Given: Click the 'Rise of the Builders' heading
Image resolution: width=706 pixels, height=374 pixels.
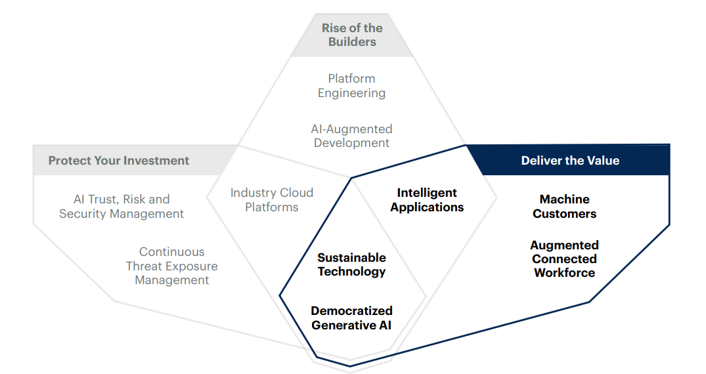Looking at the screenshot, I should [x=352, y=35].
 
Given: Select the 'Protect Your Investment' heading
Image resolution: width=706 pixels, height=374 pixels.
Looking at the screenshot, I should [x=119, y=161].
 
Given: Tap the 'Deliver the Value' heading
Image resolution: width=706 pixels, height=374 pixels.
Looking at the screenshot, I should [x=570, y=161].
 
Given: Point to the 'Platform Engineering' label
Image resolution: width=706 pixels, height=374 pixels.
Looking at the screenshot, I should [x=351, y=86].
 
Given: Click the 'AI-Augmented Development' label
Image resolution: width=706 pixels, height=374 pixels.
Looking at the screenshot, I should [x=351, y=136].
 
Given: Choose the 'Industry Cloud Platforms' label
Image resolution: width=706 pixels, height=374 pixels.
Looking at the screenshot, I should [x=272, y=199].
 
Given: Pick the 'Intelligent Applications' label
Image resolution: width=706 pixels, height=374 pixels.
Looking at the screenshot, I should [x=427, y=199].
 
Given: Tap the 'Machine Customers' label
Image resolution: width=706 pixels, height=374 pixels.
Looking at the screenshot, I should [x=565, y=206].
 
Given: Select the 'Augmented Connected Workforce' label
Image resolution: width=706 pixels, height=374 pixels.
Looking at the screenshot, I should [x=565, y=259].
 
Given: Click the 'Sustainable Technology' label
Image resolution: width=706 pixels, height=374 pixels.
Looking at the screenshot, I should [x=351, y=264].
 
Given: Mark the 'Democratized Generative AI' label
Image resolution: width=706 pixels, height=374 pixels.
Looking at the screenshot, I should [x=351, y=318].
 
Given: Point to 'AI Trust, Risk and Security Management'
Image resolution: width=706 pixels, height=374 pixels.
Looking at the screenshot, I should [x=121, y=206].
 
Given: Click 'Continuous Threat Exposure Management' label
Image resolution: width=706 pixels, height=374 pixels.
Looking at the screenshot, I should [x=171, y=266].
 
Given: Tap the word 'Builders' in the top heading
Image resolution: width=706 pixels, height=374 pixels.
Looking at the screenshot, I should [x=353, y=42].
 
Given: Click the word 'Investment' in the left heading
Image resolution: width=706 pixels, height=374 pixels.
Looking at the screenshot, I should [x=158, y=161].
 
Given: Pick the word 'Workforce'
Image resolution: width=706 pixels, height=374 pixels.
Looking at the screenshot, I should [x=565, y=273].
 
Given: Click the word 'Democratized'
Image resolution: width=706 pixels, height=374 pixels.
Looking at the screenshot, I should [x=351, y=310].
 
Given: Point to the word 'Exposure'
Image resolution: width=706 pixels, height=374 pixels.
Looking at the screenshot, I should [x=190, y=266].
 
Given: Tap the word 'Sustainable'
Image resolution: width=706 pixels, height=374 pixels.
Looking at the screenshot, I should [x=351, y=257].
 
